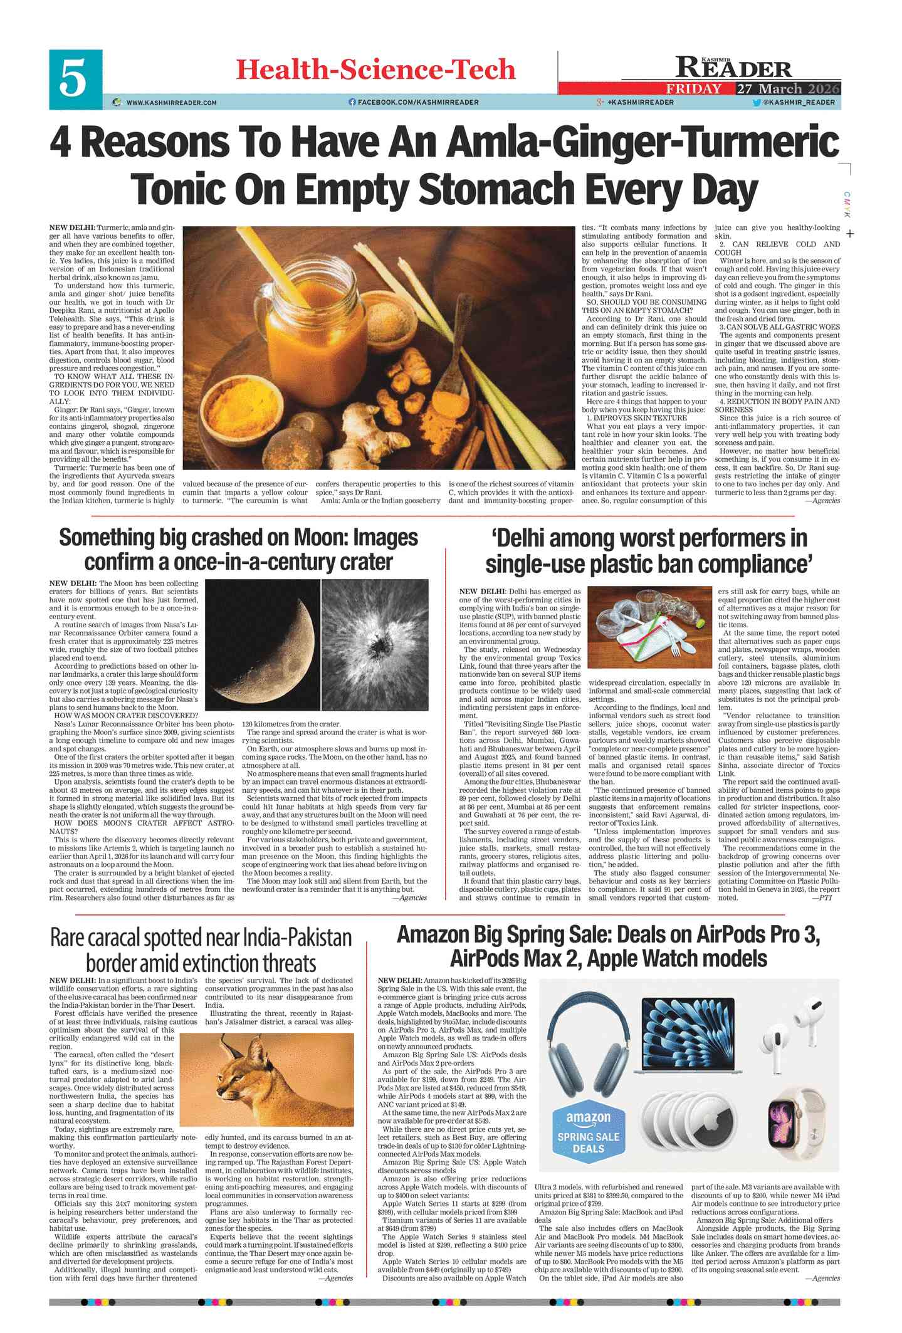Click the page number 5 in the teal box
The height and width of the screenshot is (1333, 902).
[75, 79]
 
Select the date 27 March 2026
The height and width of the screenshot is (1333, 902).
[788, 89]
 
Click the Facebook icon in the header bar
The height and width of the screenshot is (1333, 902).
[352, 102]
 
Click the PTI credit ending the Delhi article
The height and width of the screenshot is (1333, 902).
[825, 897]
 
